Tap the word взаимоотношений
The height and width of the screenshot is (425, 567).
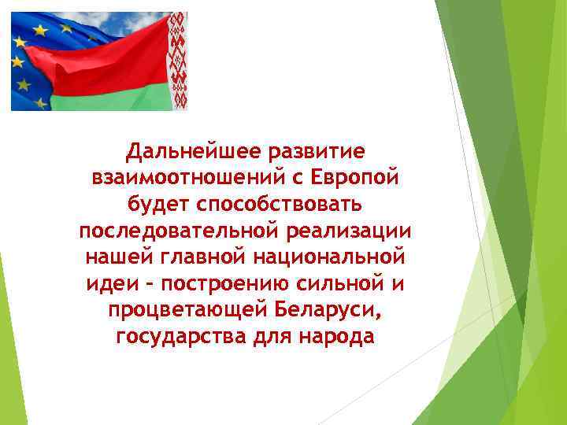coord(181,178)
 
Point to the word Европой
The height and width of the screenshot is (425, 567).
coord(354,178)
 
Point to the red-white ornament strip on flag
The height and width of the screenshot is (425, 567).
coord(179,61)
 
